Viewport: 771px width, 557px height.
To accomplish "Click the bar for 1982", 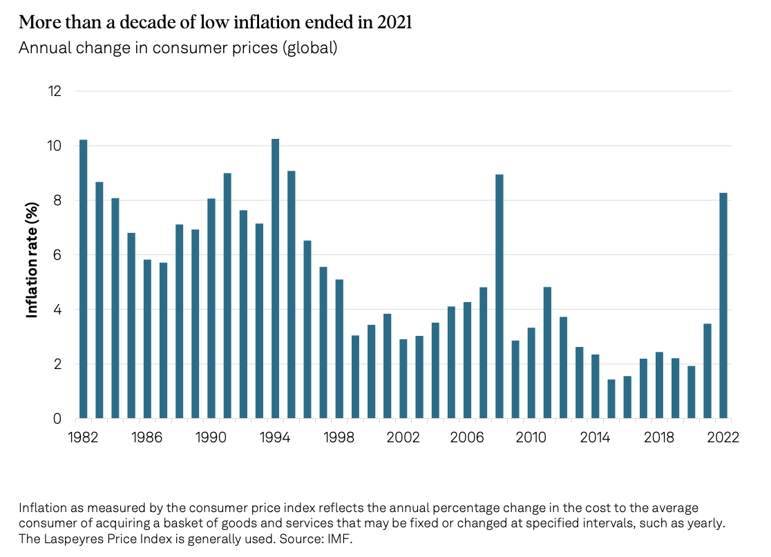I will point(84,279).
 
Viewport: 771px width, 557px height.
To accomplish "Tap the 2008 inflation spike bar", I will point(499,296).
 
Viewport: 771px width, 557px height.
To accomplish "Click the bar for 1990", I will point(211,308).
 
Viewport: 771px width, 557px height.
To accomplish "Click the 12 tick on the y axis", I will point(55,91).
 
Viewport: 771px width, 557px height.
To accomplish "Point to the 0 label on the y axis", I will point(58,419).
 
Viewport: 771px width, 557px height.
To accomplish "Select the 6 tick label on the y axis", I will point(58,255).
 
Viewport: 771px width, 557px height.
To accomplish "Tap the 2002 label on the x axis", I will point(403,438).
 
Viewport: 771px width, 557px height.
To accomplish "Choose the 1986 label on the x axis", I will point(147,438).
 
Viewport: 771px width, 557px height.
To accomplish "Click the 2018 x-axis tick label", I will point(659,438).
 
